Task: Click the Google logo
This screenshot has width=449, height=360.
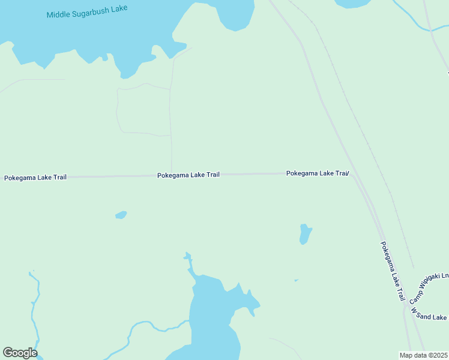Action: coord(20,353)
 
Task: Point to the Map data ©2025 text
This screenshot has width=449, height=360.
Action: coord(423,355)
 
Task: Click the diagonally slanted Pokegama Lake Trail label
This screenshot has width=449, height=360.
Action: coord(393,271)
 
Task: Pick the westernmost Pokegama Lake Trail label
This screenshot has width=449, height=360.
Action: coord(35,178)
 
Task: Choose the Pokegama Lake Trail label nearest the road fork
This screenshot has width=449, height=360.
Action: coord(317,173)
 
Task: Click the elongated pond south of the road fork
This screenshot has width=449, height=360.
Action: coord(306,234)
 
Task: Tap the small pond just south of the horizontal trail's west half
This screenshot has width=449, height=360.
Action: coord(121,215)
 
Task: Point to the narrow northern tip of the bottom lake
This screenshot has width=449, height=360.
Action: coord(189,261)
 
